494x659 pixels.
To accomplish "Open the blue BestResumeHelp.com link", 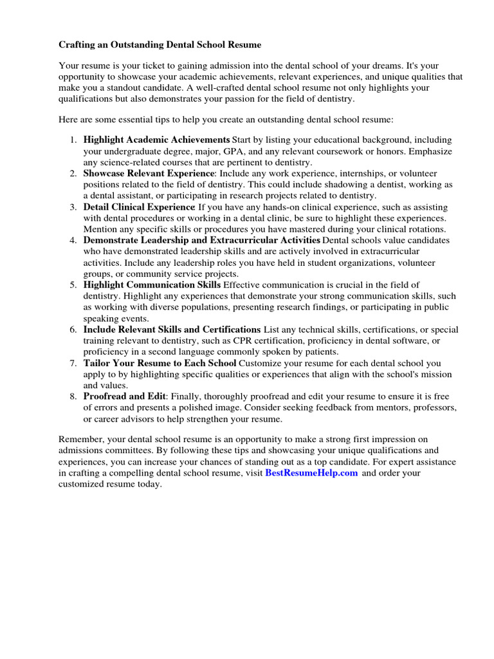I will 311,473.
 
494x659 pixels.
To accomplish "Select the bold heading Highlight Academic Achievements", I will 156,140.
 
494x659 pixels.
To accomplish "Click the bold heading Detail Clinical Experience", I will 138,207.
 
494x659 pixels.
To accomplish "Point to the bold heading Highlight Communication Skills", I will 152,284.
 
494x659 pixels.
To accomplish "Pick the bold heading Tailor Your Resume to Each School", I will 160,363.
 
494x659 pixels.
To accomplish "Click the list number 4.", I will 73,241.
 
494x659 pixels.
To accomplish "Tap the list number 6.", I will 73,329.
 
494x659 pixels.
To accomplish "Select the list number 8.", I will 73,396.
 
